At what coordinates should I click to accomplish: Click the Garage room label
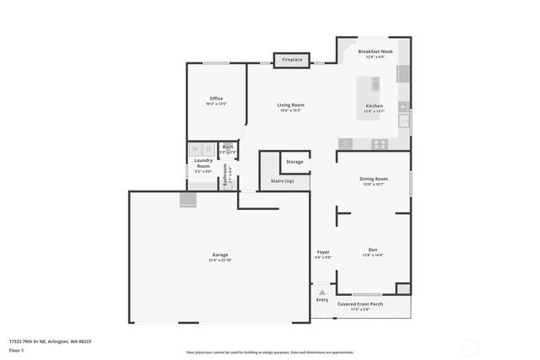click(x=219, y=255)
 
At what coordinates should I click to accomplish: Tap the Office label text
click(x=216, y=99)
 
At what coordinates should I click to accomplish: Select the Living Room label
click(x=289, y=105)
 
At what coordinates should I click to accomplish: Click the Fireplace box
click(x=292, y=60)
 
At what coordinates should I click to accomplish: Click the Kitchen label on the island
click(x=373, y=106)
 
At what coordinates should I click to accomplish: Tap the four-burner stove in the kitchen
click(x=380, y=143)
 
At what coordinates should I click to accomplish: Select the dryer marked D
click(x=208, y=150)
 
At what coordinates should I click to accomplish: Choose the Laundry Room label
click(x=202, y=163)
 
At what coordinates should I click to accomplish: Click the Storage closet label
click(x=294, y=161)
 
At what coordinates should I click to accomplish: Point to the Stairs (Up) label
click(x=282, y=180)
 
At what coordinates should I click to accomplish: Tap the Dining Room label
click(x=373, y=179)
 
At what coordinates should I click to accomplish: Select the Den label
click(x=372, y=250)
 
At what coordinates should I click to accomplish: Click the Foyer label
click(x=323, y=252)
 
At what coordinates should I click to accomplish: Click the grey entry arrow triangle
click(x=321, y=292)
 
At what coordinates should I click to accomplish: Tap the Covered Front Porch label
click(x=360, y=304)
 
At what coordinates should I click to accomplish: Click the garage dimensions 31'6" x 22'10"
click(x=219, y=261)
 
